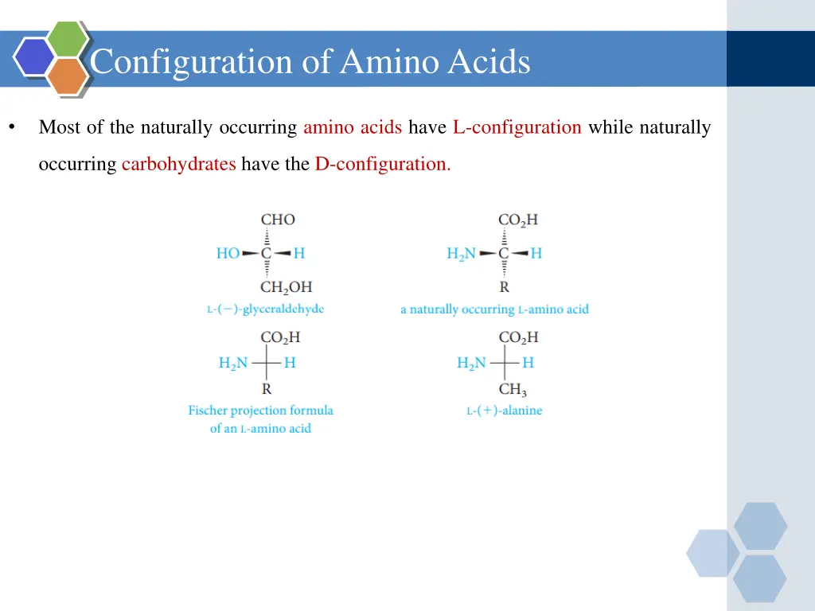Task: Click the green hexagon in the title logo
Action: click(67, 38)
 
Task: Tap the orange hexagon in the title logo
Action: click(67, 76)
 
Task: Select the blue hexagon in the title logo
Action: click(34, 56)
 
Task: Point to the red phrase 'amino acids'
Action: click(352, 127)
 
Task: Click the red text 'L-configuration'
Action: click(517, 127)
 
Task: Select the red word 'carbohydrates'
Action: click(178, 164)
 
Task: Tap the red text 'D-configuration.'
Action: click(383, 164)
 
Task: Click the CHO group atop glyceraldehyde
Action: click(278, 220)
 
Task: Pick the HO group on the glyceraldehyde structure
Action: click(228, 254)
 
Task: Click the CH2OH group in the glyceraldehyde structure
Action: click(286, 287)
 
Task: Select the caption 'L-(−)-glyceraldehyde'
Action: click(265, 309)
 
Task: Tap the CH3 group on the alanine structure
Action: click(513, 390)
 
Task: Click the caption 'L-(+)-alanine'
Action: click(504, 411)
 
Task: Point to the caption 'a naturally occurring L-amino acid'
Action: click(494, 309)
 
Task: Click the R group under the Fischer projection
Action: click(267, 389)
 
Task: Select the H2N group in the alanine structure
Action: click(471, 364)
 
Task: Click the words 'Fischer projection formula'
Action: click(260, 411)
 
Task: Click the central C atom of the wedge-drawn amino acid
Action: click(504, 254)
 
